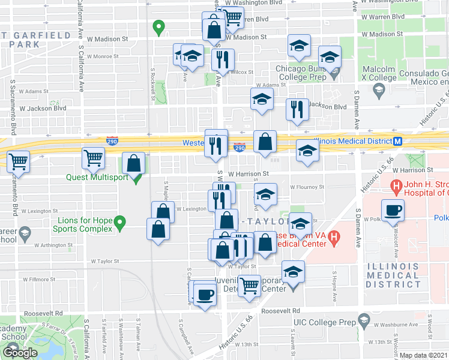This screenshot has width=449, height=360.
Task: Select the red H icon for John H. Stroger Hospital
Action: pyautogui.click(x=396, y=187)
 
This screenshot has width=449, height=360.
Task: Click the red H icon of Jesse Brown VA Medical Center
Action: pyautogui.click(x=334, y=239)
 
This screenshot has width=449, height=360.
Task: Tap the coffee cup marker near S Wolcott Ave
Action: pyautogui.click(x=393, y=211)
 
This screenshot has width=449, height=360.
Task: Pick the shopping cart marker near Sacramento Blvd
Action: pyautogui.click(x=18, y=161)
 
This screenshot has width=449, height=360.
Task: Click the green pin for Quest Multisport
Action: pyautogui.click(x=137, y=178)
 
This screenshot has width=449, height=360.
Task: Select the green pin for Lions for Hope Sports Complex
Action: pyautogui.click(x=120, y=224)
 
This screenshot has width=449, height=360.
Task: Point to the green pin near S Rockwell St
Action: pyautogui.click(x=158, y=28)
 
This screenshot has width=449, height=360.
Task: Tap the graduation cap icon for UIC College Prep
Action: pyautogui.click(x=363, y=321)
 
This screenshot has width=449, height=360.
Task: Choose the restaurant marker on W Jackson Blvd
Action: pyautogui.click(x=297, y=110)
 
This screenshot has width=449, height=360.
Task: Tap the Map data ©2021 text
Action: pyautogui.click(x=424, y=355)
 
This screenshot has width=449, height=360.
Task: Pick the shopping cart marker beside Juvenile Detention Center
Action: pyautogui.click(x=249, y=284)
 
